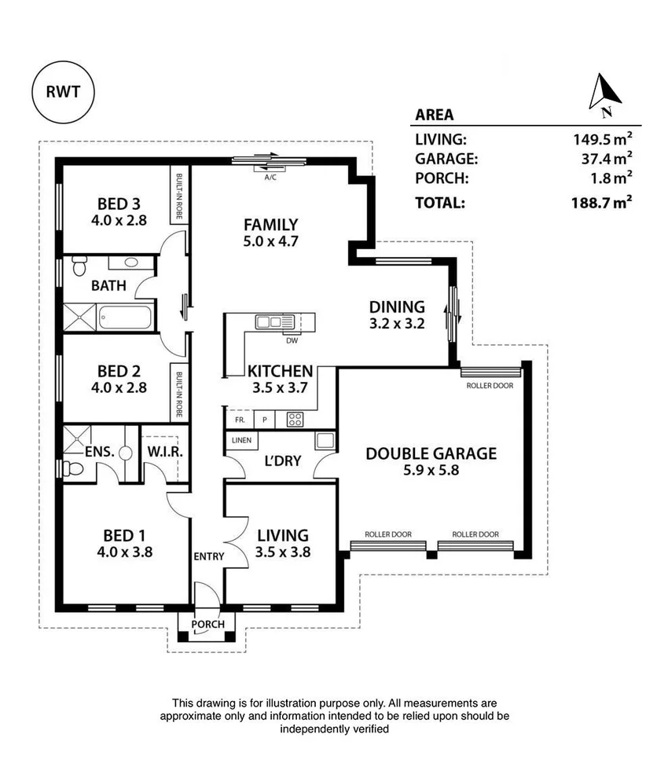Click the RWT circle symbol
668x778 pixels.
(x=63, y=92)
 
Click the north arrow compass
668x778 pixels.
(x=604, y=95)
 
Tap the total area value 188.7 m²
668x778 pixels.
(x=601, y=203)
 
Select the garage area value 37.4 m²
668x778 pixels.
(x=607, y=158)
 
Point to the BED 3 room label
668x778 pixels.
(x=119, y=204)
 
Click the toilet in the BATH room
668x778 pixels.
(x=79, y=266)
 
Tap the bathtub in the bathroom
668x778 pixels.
(x=125, y=317)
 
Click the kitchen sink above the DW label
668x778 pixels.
(x=275, y=322)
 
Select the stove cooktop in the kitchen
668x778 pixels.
(x=295, y=420)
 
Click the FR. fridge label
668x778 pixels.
(x=240, y=420)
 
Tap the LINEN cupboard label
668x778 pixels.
(x=242, y=440)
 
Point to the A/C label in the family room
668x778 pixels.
(x=270, y=177)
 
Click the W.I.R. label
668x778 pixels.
(x=165, y=452)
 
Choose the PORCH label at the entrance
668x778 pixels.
(x=208, y=624)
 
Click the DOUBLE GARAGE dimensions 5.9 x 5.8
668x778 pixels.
(x=431, y=470)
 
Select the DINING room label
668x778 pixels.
(x=397, y=306)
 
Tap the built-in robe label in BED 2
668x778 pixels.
(x=179, y=395)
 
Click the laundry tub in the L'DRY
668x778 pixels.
(x=325, y=440)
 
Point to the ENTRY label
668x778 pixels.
(x=209, y=556)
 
